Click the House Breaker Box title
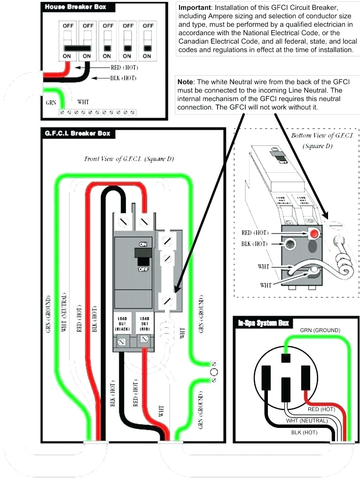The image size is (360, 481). click(75, 8)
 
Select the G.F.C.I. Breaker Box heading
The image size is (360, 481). click(78, 133)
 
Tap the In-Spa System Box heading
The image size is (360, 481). click(263, 323)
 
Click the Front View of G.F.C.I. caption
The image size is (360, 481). click(129, 159)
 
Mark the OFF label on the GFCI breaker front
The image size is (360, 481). click(143, 270)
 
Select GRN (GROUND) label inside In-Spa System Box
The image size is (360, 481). click(320, 330)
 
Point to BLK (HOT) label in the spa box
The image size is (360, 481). click(304, 432)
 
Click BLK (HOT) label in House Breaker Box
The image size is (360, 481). click(123, 78)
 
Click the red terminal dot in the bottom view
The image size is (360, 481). click(313, 233)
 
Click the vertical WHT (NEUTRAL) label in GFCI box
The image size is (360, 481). click(64, 312)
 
